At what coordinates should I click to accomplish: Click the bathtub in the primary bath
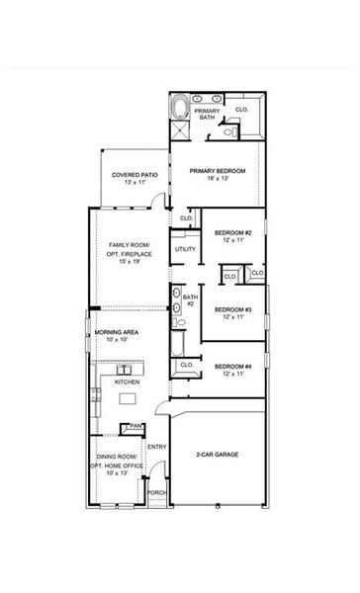(x=180, y=106)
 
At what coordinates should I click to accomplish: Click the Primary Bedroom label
(x=218, y=175)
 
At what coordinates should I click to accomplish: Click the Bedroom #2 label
(x=233, y=236)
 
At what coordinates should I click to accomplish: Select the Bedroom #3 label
(x=233, y=312)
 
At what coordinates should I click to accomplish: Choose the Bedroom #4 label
(x=233, y=371)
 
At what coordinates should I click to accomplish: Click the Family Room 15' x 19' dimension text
(x=126, y=261)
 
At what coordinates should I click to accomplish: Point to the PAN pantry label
(x=135, y=426)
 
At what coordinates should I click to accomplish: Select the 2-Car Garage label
(x=218, y=454)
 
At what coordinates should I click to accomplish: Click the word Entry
(x=156, y=447)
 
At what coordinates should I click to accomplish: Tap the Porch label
(x=156, y=491)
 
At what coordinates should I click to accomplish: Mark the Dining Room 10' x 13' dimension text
(x=118, y=473)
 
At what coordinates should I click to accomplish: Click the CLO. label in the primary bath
(x=242, y=109)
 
